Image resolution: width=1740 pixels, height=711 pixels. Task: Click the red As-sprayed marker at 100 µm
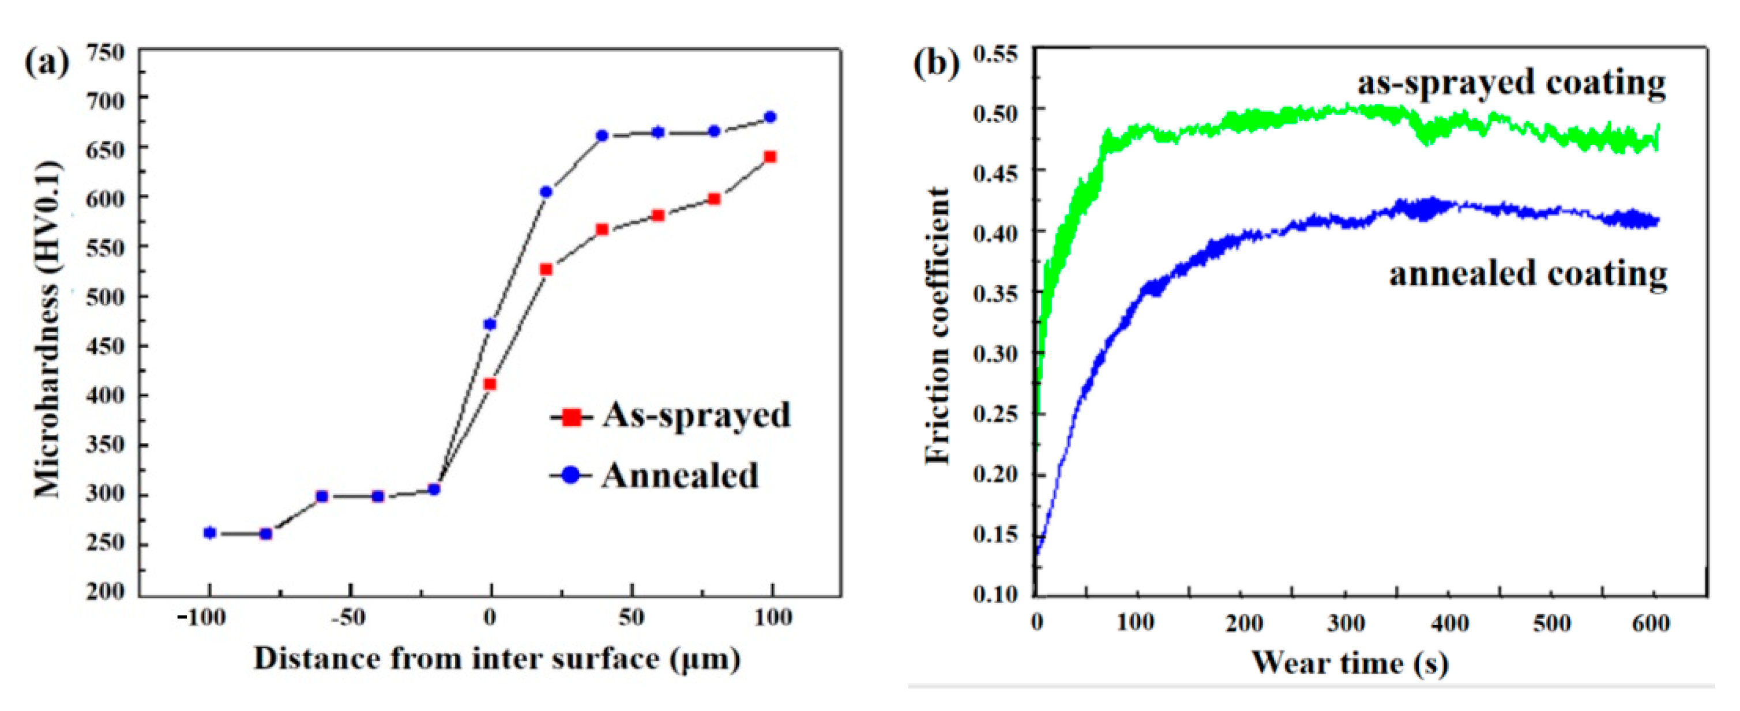[x=770, y=157]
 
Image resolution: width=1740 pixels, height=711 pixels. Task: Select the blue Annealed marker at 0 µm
[x=490, y=325]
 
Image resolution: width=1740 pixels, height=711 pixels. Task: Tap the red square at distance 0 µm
[x=490, y=384]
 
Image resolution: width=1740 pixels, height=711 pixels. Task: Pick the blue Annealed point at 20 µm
[x=546, y=193]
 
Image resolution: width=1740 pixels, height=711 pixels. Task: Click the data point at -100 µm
[x=210, y=533]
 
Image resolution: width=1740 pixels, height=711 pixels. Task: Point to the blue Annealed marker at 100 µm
[x=770, y=118]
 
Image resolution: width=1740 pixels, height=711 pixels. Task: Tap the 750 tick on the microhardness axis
[x=106, y=52]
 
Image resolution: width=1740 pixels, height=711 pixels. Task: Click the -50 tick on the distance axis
[x=349, y=618]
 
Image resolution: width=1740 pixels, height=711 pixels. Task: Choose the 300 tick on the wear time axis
[x=1346, y=623]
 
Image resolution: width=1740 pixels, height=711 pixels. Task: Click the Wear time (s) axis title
[x=1350, y=663]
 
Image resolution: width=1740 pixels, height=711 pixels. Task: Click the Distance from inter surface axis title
[x=497, y=659]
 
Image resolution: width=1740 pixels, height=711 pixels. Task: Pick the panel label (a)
[x=47, y=63]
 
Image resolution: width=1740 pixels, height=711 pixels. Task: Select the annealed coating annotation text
[x=1528, y=274]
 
